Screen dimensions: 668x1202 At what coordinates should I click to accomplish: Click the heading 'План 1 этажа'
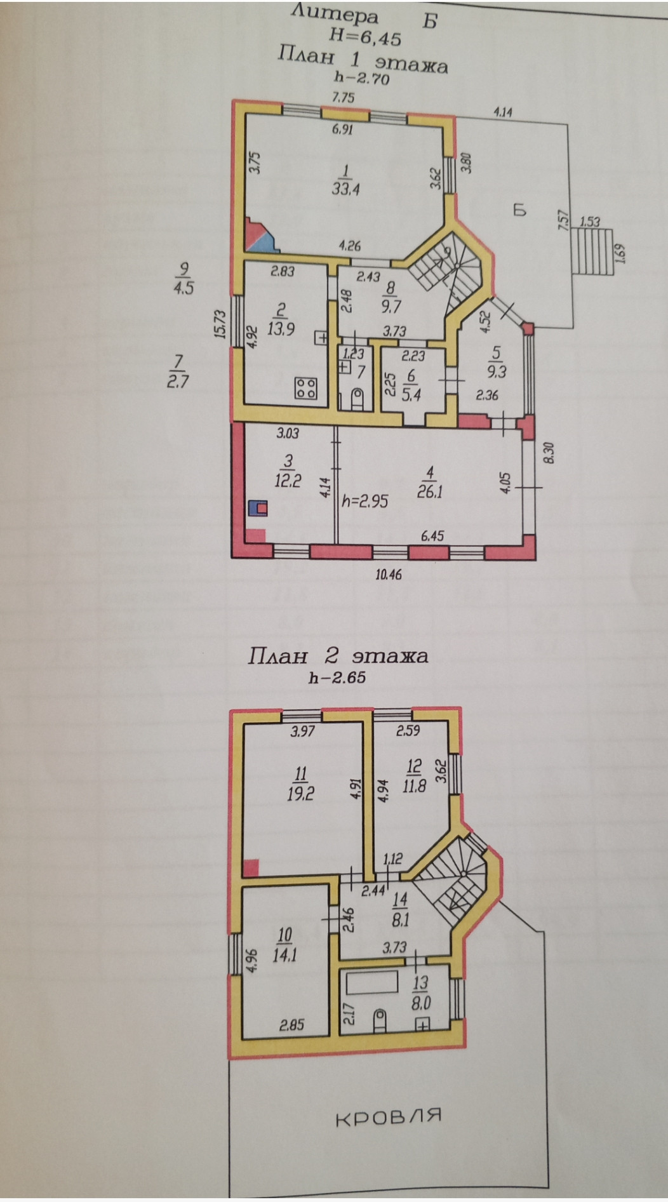point(363,61)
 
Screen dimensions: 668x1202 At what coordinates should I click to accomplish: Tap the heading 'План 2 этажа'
point(337,655)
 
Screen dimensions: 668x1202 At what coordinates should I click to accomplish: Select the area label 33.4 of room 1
point(345,189)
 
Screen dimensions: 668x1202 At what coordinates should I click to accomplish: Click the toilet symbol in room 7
point(356,400)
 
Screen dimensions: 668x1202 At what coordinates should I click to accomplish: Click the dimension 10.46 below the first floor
point(389,575)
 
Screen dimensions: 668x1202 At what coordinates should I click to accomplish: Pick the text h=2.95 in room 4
point(364,501)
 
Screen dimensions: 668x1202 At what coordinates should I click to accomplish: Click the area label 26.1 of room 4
point(430,491)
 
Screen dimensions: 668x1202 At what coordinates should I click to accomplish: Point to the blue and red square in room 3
point(259,507)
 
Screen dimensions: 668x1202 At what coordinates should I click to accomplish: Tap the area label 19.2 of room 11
point(300,794)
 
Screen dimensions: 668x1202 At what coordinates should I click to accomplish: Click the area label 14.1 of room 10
point(284,955)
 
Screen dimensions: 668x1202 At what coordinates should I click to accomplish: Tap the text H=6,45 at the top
point(364,38)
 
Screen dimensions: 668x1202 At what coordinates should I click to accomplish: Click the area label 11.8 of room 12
point(413,788)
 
